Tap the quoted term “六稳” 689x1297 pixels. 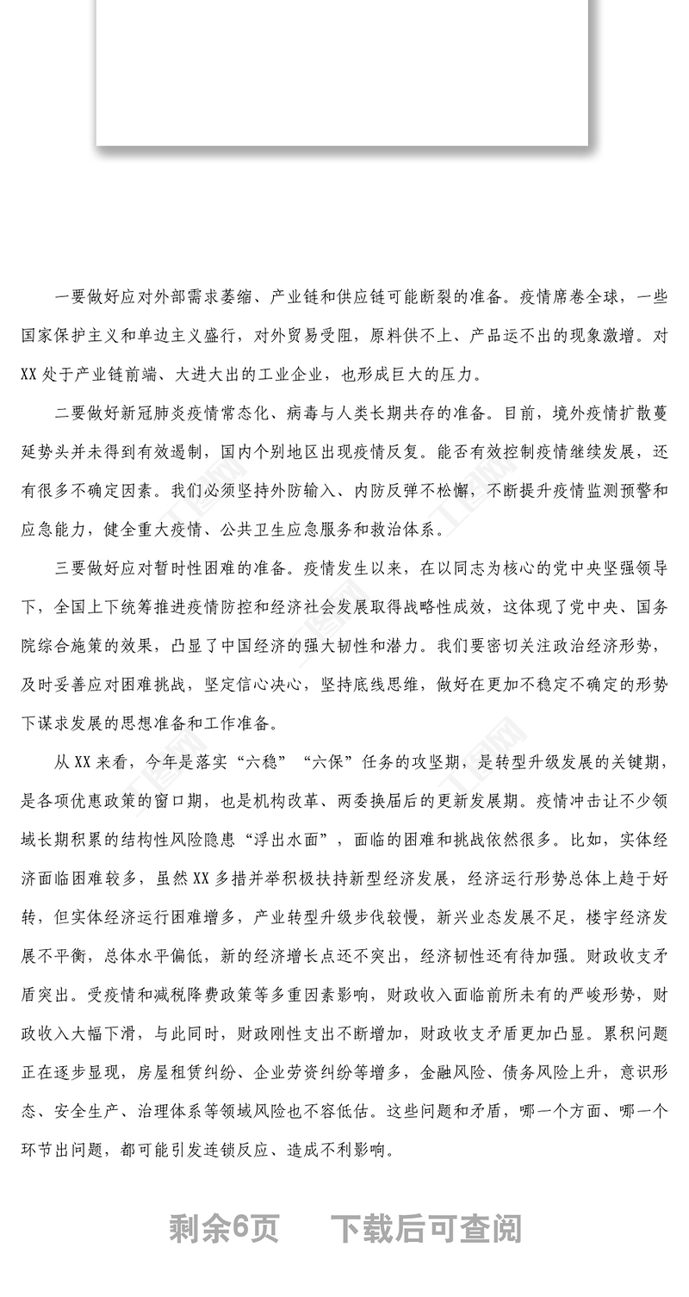pos(262,762)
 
